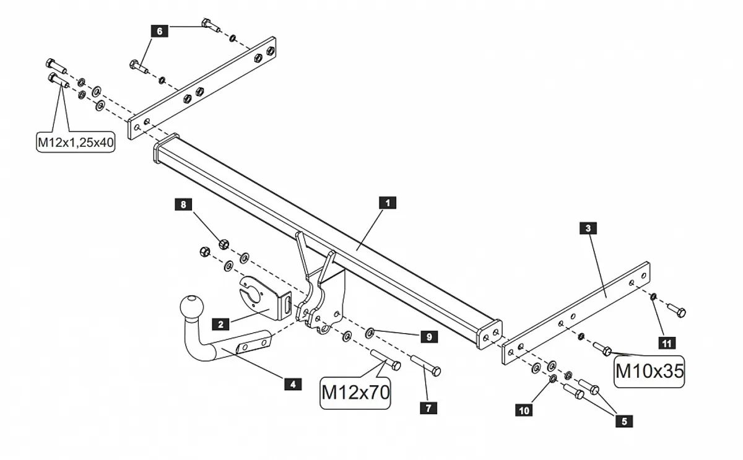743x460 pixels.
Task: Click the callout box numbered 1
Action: [388, 202]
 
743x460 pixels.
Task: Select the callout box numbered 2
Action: [220, 323]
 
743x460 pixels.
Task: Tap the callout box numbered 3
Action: [588, 228]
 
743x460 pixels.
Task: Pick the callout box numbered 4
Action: [292, 384]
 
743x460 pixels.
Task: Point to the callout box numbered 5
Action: [624, 421]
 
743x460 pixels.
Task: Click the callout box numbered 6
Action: [159, 30]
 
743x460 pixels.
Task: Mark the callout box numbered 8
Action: [183, 203]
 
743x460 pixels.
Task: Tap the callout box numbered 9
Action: [428, 337]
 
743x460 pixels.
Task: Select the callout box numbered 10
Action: [524, 410]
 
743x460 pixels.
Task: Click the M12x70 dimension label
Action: [356, 391]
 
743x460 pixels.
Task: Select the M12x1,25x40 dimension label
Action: [76, 142]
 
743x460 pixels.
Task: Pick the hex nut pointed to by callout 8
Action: [224, 243]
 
